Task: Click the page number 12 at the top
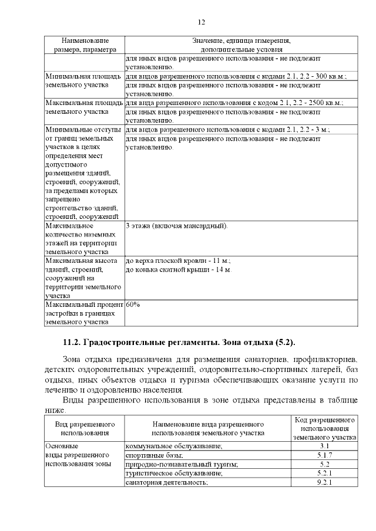[201, 22]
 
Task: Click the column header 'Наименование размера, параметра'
[85, 45]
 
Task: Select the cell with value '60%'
[132, 305]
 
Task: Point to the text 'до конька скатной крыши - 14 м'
[179, 269]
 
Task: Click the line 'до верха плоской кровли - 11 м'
[178, 261]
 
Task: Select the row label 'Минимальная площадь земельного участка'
[83, 80]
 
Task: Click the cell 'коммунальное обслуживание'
[174, 447]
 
